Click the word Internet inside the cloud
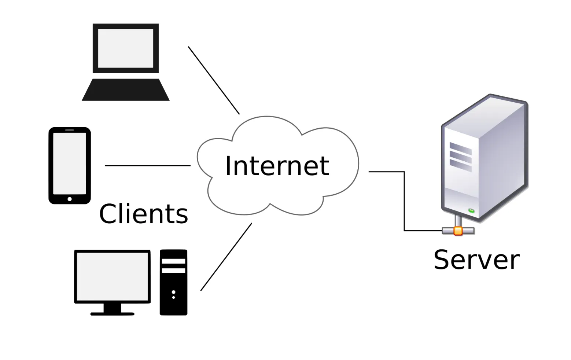277,166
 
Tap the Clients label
143,214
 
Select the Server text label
476,260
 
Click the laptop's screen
126,48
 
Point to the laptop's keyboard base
126,90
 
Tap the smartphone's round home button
70,199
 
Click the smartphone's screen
70,164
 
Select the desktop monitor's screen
112,276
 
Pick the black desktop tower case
173,293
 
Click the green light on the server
471,211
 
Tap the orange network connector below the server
458,231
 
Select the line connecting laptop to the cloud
214,80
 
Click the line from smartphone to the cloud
147,166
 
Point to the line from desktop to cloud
226,257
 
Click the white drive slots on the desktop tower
173,266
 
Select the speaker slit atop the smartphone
70,130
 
